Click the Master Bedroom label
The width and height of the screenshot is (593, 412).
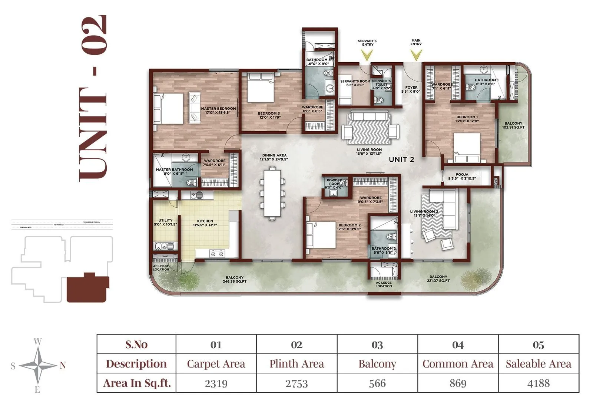218,111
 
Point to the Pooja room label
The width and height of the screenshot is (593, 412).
462,177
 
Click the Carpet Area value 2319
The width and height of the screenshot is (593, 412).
216,383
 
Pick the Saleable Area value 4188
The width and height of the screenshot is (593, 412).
538,383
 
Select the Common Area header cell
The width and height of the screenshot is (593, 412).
458,364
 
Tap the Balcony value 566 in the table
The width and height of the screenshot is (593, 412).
377,383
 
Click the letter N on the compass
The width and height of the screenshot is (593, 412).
63,366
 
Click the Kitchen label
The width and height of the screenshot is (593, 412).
205,223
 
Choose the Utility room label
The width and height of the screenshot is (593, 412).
165,222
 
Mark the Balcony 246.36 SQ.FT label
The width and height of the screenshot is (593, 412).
235,279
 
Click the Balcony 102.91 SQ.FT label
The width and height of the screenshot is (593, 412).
513,125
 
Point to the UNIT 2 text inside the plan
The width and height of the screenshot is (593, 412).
401,160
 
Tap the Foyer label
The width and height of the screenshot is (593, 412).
411,89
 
